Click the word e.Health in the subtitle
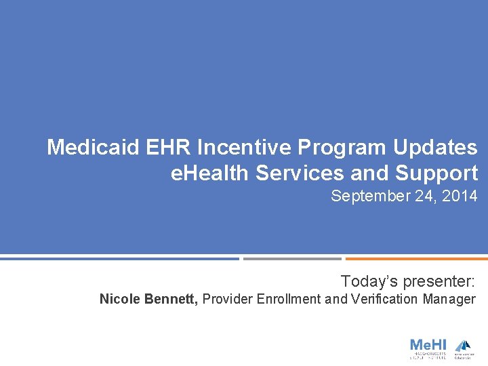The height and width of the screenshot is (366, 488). (x=210, y=173)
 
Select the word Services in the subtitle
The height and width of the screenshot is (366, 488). (x=300, y=173)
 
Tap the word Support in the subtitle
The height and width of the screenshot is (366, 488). (x=436, y=173)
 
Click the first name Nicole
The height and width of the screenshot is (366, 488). (x=120, y=299)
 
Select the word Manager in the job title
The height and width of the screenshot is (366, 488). (x=449, y=299)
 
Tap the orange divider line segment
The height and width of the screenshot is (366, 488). (x=416, y=258)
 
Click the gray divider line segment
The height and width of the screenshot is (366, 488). (x=292, y=258)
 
